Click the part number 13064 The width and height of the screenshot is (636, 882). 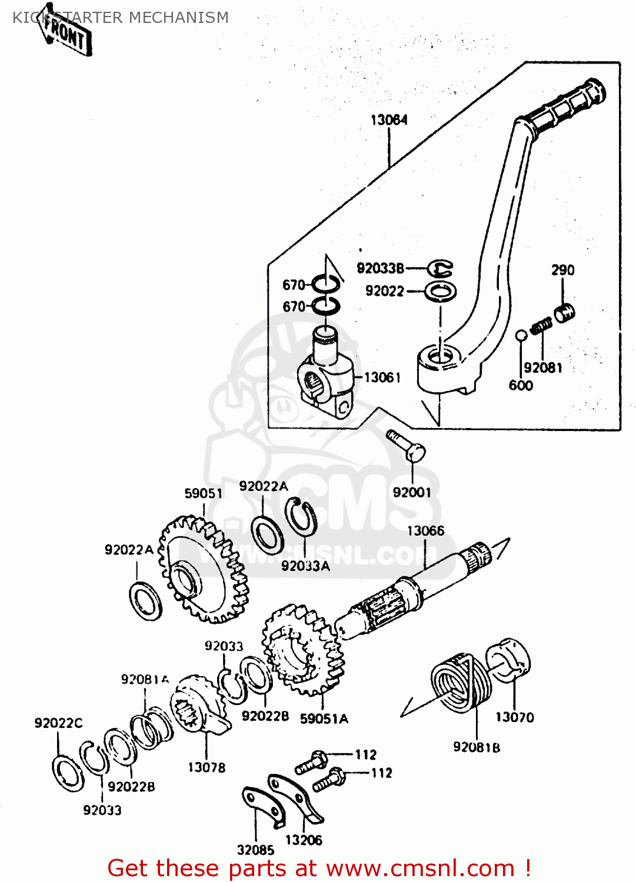click(x=389, y=120)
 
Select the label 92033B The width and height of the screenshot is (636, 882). click(x=380, y=269)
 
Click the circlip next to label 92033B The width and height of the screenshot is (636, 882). click(x=439, y=269)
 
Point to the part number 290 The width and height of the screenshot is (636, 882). click(x=562, y=270)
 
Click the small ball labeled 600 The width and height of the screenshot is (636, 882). click(x=521, y=336)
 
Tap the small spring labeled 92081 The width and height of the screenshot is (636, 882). click(x=541, y=325)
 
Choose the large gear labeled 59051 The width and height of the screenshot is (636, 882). click(x=203, y=569)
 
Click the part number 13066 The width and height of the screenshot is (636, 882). click(x=425, y=531)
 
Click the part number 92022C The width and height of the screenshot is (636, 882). click(x=58, y=723)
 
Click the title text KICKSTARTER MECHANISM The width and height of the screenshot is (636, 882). click(x=121, y=18)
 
